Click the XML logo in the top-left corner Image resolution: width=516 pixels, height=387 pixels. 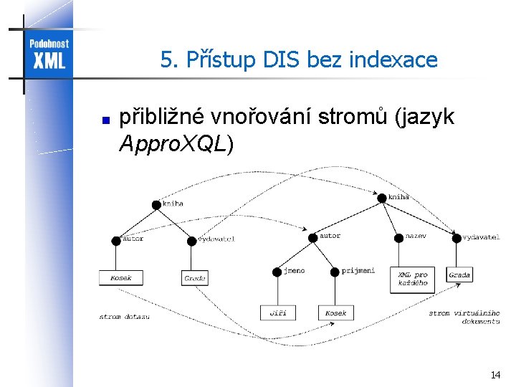coord(48,53)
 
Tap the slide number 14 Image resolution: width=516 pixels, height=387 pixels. coord(495,375)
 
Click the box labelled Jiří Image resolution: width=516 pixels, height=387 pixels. coord(277,312)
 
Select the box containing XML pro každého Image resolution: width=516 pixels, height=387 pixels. coord(413,278)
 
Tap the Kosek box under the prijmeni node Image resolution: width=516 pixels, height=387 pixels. coord(335,312)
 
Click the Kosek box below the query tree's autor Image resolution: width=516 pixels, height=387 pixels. coord(120,277)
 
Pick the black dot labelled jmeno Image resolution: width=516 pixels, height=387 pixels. coord(277,272)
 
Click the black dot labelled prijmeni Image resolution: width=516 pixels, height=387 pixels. coord(335,272)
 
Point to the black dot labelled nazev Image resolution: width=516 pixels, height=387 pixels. coord(398,237)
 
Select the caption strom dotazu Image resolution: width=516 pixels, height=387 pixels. coord(124,317)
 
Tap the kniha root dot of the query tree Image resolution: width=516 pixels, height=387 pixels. coord(156,204)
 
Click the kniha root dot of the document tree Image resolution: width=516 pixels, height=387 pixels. coord(382,199)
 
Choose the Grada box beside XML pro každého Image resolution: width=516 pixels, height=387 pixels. coord(459,274)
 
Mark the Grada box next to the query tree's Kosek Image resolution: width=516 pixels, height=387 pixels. coord(194,277)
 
